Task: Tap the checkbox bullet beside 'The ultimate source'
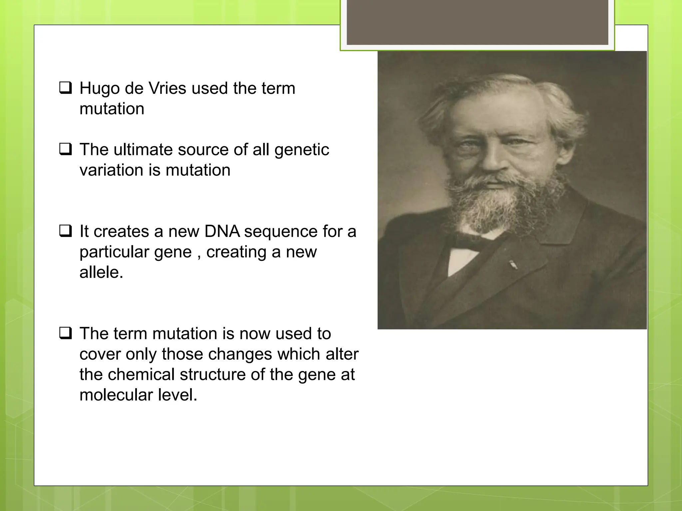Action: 66,149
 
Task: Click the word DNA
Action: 222,231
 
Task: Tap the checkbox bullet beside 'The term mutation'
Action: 66,333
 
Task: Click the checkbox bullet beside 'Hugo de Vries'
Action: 66,88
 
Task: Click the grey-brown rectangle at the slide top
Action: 477,22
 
